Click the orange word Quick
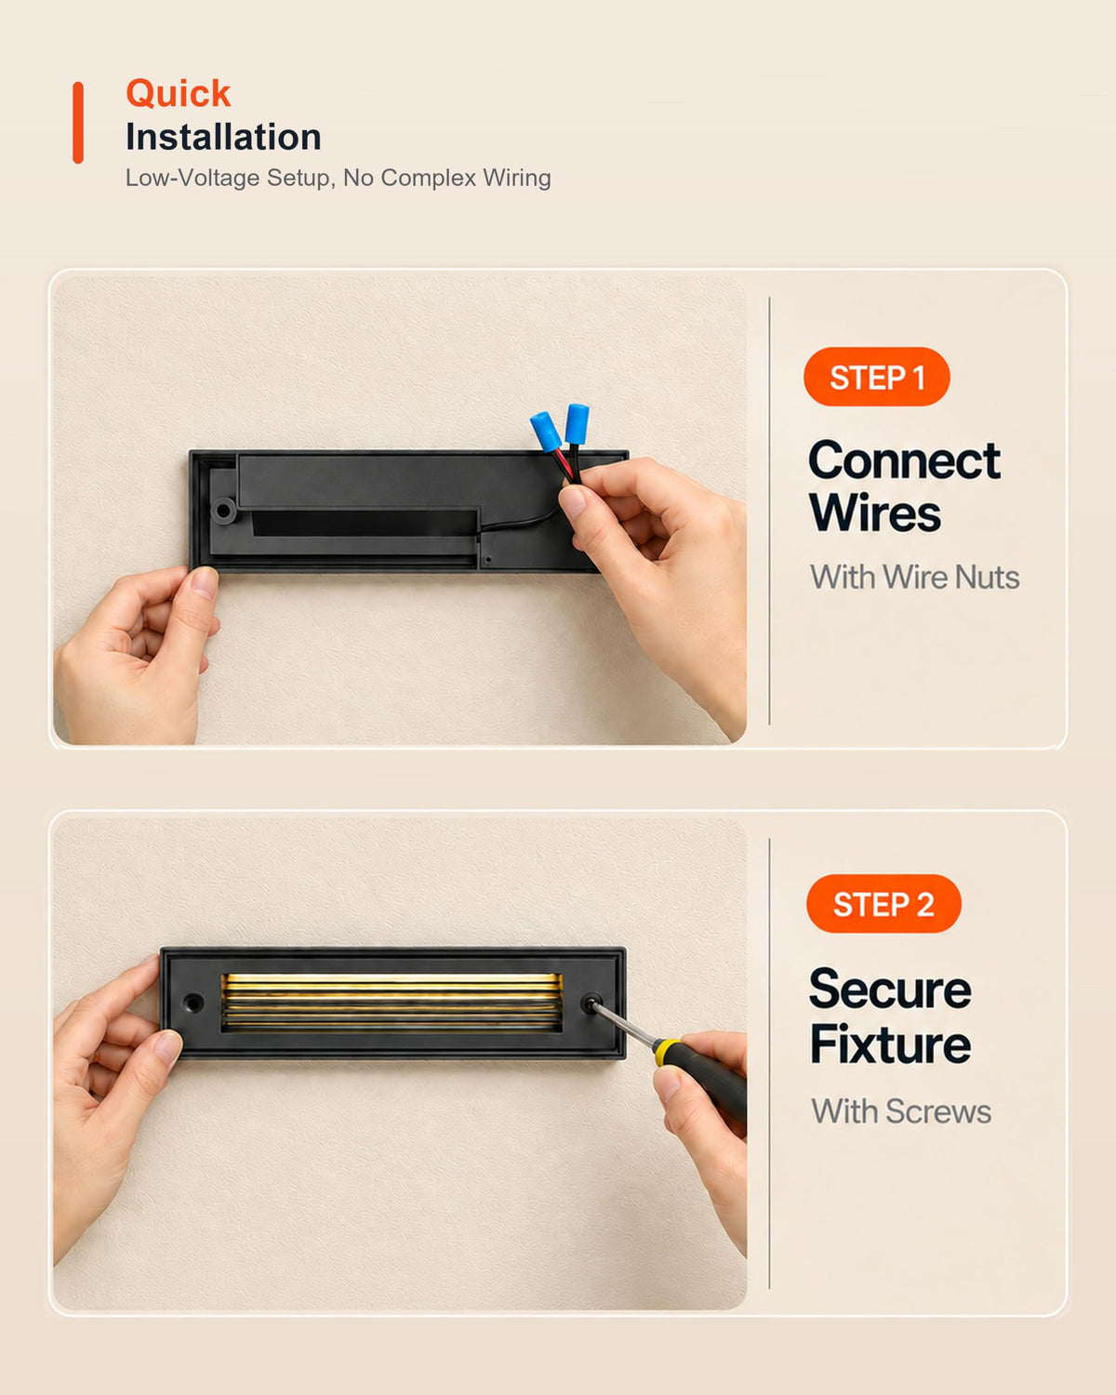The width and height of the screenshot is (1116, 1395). tap(179, 94)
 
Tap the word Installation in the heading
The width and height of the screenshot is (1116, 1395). tap(224, 138)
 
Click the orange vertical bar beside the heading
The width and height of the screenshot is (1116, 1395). tap(78, 123)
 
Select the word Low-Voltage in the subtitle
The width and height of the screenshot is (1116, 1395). tap(193, 178)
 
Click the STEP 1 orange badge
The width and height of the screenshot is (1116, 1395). tap(877, 377)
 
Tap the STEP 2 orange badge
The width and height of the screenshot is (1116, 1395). tap(883, 904)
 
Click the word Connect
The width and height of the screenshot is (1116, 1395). tap(904, 461)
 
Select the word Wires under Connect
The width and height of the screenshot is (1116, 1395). tap(875, 513)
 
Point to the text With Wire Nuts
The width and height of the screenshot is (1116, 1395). tap(914, 577)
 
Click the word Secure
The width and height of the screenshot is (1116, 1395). tap(890, 990)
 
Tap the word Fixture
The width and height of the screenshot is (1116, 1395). tap(890, 1044)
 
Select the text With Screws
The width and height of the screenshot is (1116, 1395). tap(901, 1111)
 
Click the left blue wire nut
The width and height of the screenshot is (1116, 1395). tap(545, 432)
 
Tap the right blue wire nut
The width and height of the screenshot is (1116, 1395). tap(577, 423)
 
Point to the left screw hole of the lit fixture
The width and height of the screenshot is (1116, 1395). tap(193, 1003)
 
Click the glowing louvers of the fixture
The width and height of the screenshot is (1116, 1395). tap(392, 1003)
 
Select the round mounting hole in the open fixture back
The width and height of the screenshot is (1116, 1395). tap(224, 511)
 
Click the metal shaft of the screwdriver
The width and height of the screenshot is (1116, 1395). tap(624, 1024)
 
